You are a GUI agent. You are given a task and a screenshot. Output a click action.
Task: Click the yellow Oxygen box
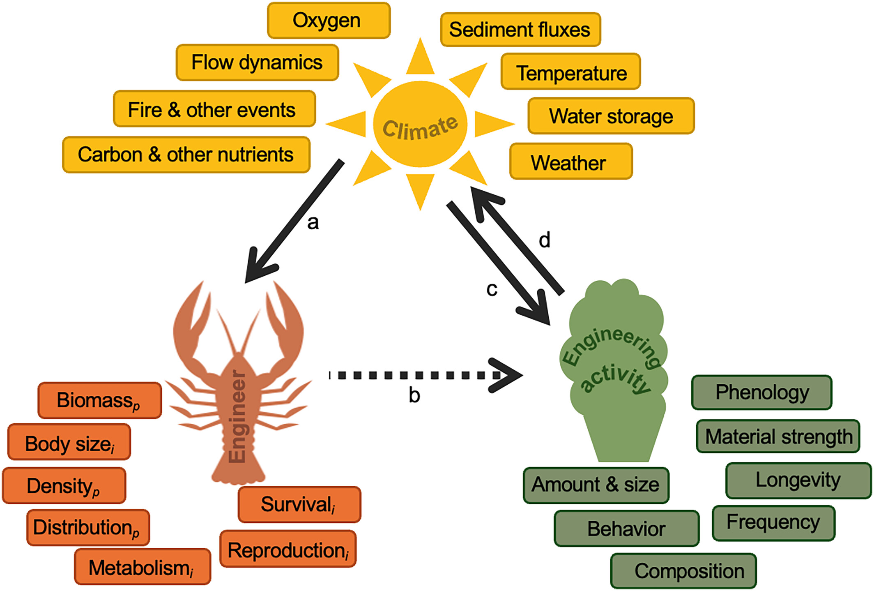click(329, 21)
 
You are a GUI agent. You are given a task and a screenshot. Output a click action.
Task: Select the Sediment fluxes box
click(520, 30)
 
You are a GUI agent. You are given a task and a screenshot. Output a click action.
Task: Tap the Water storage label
click(611, 116)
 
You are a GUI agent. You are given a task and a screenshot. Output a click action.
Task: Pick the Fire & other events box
click(214, 109)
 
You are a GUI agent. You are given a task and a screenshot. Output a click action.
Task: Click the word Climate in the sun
click(420, 127)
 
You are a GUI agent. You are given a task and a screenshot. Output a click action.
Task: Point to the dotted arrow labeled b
click(423, 375)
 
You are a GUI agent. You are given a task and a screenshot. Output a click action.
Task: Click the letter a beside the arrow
click(313, 223)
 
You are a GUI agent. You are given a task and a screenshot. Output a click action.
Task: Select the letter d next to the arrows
click(545, 240)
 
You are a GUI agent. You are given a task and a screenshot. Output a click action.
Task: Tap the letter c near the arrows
click(492, 289)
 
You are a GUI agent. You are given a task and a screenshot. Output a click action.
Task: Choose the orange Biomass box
click(99, 400)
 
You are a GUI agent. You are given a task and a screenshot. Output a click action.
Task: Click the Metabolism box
click(142, 568)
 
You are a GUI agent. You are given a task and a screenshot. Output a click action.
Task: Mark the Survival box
click(299, 504)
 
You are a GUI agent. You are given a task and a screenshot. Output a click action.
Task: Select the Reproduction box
click(288, 549)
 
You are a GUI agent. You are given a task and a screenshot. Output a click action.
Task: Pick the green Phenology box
click(761, 392)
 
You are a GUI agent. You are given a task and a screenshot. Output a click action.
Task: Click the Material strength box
click(778, 436)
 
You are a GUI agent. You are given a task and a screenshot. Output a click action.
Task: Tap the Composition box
click(683, 571)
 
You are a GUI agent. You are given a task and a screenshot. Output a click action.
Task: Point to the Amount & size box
click(596, 485)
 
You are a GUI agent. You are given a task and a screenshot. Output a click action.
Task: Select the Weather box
click(570, 162)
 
